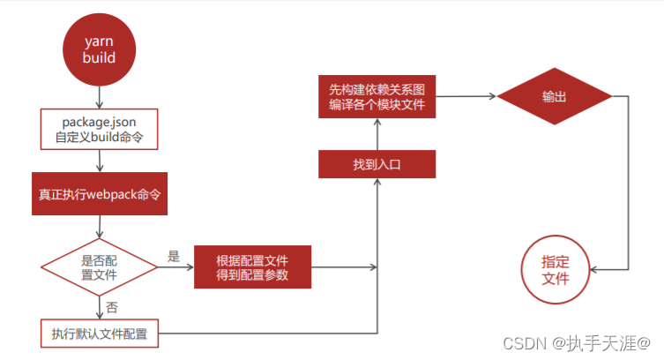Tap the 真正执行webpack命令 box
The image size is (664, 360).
point(100,193)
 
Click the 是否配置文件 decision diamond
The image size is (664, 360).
point(100,266)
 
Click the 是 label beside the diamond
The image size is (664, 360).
point(173,257)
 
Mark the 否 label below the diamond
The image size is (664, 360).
point(111,307)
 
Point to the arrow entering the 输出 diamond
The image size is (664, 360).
point(467,96)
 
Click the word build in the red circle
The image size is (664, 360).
point(99,58)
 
